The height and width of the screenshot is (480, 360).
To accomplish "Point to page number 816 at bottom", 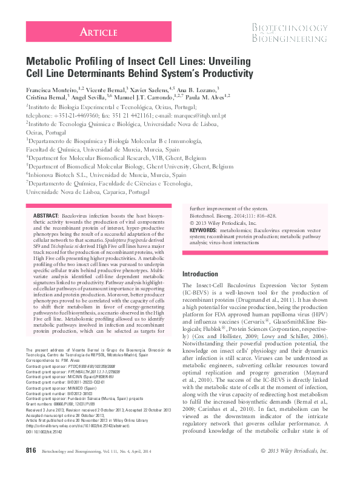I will pyautogui.click(x=32, y=468).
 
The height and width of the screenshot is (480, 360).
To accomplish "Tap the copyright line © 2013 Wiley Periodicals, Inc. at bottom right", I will pyautogui.click(x=293, y=468).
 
